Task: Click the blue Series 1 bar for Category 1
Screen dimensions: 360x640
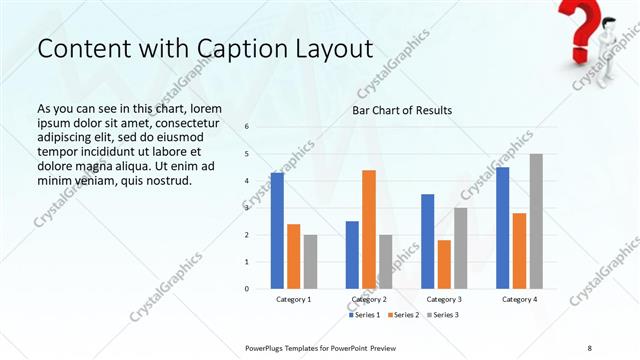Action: click(277, 230)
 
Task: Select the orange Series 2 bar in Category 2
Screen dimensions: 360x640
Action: click(369, 229)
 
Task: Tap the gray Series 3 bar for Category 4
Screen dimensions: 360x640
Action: click(536, 221)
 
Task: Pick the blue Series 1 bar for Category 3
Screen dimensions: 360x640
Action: click(428, 241)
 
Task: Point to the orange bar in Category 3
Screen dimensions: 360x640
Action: click(444, 264)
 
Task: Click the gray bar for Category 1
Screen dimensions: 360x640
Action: click(310, 261)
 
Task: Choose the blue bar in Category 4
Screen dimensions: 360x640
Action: click(503, 227)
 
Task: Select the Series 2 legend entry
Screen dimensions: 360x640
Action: click(403, 315)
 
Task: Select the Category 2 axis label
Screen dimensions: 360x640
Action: click(369, 299)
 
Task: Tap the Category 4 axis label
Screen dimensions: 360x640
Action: click(519, 299)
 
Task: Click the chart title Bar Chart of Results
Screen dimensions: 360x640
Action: click(402, 110)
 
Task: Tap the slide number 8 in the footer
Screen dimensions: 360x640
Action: click(590, 346)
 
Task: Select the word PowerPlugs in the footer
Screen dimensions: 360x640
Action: click(267, 346)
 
